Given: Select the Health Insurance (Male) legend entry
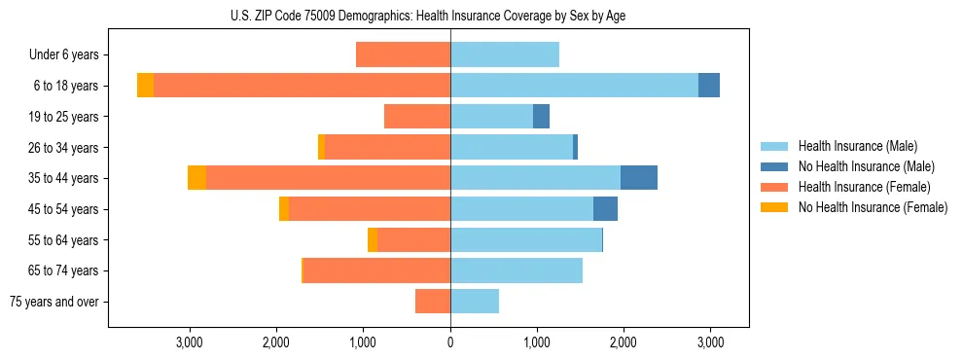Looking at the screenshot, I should (x=857, y=146).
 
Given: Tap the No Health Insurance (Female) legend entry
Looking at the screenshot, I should (x=873, y=207).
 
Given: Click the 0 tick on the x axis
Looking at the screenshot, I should (x=450, y=342).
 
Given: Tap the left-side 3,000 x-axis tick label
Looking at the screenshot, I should (x=189, y=342).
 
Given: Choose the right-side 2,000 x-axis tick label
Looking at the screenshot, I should (x=624, y=342).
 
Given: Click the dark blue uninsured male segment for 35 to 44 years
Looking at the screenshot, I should (x=639, y=178).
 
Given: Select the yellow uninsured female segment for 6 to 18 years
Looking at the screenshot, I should (x=145, y=86).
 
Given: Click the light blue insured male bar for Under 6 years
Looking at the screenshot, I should (x=505, y=55).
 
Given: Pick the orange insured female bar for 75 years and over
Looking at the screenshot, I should (x=433, y=302).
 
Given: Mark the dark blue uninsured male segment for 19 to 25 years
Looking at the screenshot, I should (x=541, y=117).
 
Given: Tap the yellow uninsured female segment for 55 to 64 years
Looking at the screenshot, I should (x=373, y=240).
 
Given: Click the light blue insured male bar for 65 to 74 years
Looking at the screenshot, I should (x=517, y=270).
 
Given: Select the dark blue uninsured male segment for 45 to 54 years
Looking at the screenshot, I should (x=605, y=209).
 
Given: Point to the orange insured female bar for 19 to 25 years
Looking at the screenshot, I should (x=417, y=117).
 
